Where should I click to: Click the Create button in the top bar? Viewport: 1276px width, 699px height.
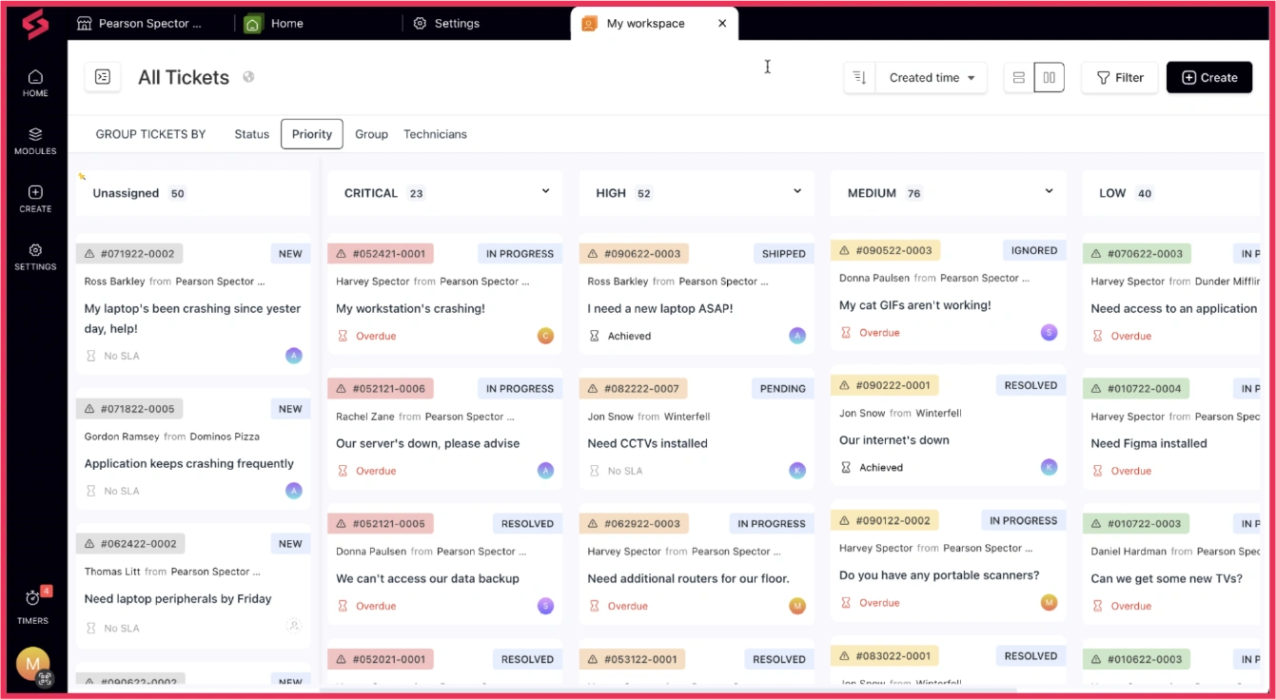(1208, 78)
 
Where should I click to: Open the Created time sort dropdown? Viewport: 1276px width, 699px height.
(932, 78)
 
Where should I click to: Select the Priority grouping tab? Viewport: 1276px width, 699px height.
(312, 134)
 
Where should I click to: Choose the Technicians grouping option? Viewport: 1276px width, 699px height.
(435, 134)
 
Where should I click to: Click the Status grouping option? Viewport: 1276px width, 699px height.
(252, 134)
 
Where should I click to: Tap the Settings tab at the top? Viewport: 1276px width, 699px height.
(446, 24)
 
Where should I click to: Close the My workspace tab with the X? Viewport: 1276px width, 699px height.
(722, 24)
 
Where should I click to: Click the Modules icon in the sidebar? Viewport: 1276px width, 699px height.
(35, 141)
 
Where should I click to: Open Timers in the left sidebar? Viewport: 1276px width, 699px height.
(33, 606)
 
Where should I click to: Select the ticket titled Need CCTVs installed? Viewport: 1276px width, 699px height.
(647, 443)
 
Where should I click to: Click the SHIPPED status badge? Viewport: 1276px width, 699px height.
(784, 254)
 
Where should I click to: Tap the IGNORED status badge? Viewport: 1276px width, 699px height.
(1034, 251)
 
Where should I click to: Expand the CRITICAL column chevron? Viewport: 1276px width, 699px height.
(545, 191)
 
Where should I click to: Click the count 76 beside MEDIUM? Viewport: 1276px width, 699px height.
(913, 194)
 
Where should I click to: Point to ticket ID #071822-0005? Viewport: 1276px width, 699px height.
(129, 409)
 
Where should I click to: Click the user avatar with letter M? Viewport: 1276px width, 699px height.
(33, 663)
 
